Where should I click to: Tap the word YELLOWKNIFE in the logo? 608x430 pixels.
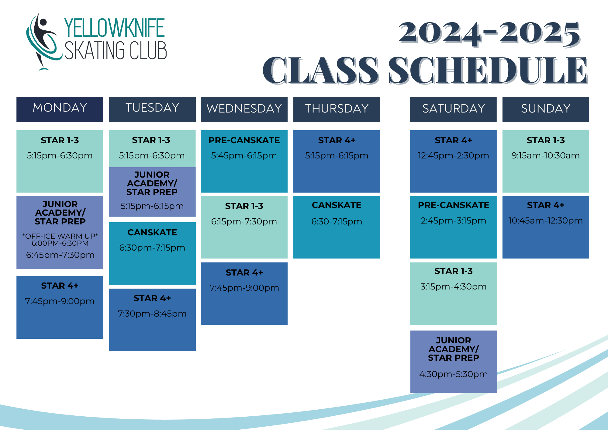click(x=114, y=28)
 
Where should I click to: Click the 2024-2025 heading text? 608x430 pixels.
click(x=489, y=33)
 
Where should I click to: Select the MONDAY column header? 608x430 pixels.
click(x=60, y=108)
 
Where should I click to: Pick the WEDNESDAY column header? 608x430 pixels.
click(x=244, y=109)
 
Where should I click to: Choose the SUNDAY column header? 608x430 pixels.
click(x=546, y=109)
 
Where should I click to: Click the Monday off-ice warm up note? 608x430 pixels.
click(x=60, y=240)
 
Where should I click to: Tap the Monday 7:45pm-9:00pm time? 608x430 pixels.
click(x=60, y=301)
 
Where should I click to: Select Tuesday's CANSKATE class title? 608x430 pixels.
click(x=152, y=232)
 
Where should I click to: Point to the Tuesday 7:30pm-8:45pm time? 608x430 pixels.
click(x=152, y=314)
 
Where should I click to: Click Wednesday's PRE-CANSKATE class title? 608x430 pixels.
click(x=244, y=140)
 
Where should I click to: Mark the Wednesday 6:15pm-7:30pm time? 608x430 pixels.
click(x=244, y=221)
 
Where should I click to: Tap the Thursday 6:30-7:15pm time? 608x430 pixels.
click(x=337, y=221)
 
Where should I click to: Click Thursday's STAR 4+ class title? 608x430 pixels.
click(x=337, y=140)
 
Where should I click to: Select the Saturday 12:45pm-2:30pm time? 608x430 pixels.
click(x=453, y=155)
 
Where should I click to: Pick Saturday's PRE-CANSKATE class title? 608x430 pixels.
click(x=453, y=205)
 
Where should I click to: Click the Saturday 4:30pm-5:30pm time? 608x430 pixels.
click(x=453, y=374)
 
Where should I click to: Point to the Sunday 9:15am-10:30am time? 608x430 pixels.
click(x=546, y=155)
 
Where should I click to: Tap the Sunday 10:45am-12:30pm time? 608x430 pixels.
click(x=546, y=220)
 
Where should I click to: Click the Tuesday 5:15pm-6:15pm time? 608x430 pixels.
click(x=152, y=206)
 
